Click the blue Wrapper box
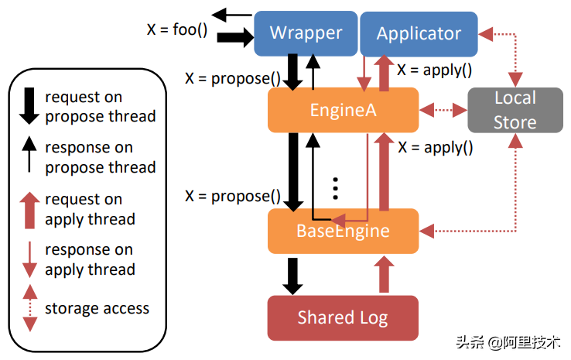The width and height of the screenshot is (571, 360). tap(306, 33)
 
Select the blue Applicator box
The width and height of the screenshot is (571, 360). tap(419, 33)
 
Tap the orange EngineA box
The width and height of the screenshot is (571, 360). tap(343, 109)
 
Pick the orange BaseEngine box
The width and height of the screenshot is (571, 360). tap(343, 231)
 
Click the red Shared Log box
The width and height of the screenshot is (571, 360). tap(343, 317)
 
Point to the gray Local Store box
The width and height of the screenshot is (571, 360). tap(515, 109)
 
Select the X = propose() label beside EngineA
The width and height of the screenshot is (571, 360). tap(232, 78)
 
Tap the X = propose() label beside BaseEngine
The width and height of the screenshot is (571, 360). tap(232, 196)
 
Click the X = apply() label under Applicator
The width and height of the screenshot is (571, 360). tap(434, 70)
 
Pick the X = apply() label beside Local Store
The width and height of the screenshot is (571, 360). tap(434, 146)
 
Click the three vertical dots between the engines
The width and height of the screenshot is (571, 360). tap(335, 188)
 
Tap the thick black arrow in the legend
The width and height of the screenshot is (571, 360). tap(29, 106)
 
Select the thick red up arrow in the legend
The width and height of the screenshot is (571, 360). tap(29, 209)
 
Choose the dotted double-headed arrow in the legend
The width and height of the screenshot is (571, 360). tap(29, 307)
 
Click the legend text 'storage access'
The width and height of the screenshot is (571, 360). tap(97, 308)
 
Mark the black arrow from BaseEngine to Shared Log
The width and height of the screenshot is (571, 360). tap(292, 274)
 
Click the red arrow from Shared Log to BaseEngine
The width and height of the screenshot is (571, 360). tap(383, 274)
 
